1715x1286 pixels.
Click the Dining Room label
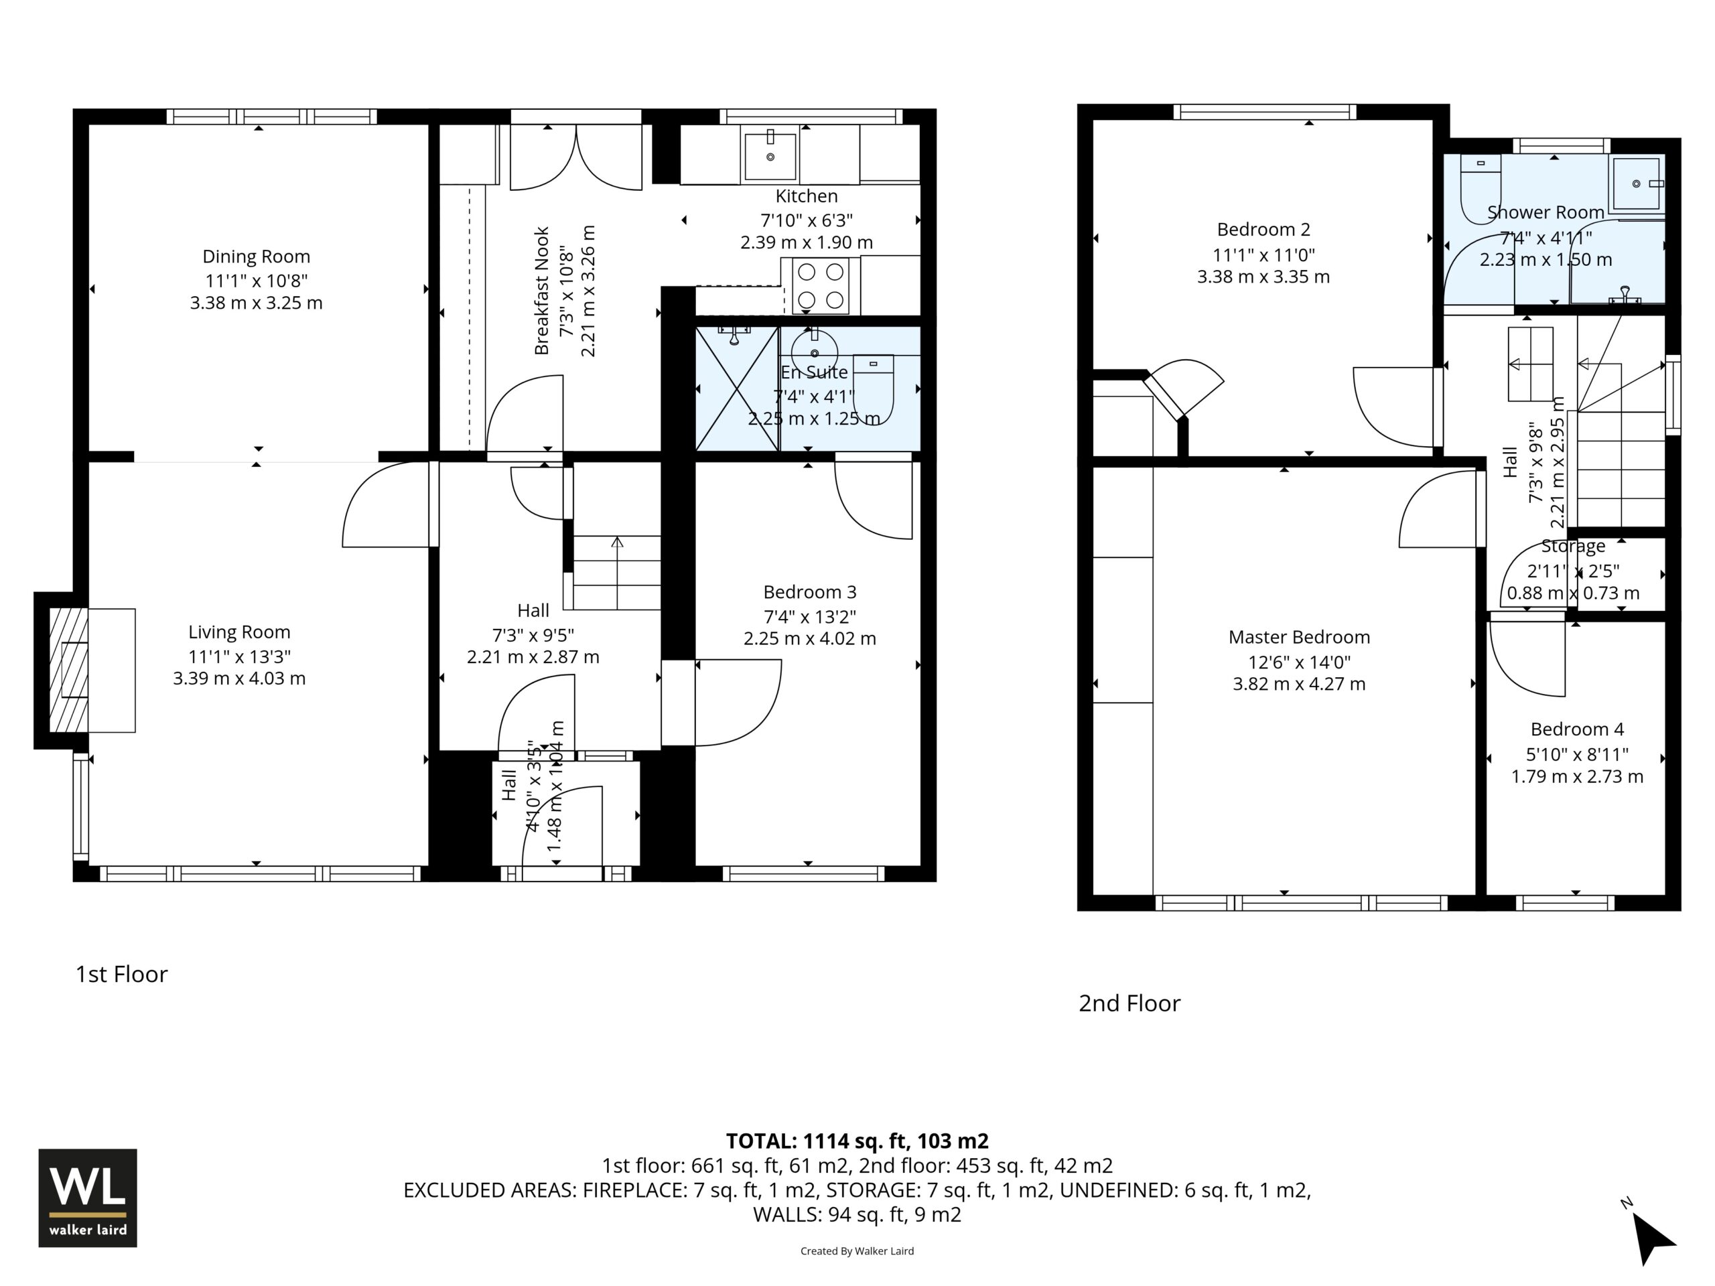[x=257, y=257]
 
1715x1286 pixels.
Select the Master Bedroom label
[x=1300, y=637]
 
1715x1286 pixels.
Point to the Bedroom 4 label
[x=1577, y=729]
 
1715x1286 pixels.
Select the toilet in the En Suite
[x=873, y=389]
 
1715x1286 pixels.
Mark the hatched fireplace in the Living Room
[x=69, y=670]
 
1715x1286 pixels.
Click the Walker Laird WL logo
[x=88, y=1198]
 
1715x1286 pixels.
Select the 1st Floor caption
[x=122, y=975]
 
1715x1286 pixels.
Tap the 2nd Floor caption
[x=1129, y=1004]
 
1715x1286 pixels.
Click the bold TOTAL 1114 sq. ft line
[x=857, y=1141]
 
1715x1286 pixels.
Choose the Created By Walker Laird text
[x=857, y=1251]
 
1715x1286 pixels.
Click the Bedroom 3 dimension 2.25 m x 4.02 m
[x=810, y=639]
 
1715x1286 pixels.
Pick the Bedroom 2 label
[x=1263, y=230]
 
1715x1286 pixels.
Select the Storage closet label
[x=1573, y=547]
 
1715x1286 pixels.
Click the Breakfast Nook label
[x=541, y=291]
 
